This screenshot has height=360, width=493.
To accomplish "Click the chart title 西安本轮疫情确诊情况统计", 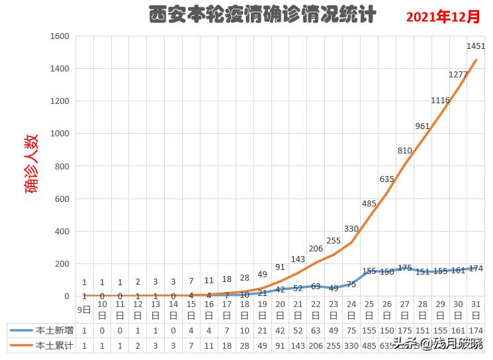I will [x=262, y=15].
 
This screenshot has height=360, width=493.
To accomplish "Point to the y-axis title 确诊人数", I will [x=32, y=163].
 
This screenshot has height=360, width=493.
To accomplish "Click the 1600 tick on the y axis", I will [x=60, y=36].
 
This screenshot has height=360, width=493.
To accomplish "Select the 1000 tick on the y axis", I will [x=60, y=134].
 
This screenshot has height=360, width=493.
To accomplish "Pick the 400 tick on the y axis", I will [x=62, y=231].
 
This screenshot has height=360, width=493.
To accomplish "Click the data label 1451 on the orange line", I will [x=476, y=46].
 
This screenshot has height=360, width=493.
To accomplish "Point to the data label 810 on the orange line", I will [x=405, y=151].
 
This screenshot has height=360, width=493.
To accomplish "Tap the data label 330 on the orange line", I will [x=351, y=229].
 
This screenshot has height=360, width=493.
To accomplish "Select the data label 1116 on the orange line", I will [x=440, y=101].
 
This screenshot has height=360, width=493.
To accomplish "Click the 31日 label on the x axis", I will [x=476, y=308].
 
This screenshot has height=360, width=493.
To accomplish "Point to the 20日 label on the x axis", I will [x=280, y=308].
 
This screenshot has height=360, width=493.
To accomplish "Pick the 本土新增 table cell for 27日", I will [x=405, y=330].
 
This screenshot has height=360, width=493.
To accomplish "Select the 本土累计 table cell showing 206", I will [x=316, y=344].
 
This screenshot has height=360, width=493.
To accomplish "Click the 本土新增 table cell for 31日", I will [x=476, y=330].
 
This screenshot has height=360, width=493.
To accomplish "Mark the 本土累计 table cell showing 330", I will [x=351, y=344].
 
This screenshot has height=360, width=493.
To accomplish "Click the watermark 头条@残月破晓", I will [x=437, y=343].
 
